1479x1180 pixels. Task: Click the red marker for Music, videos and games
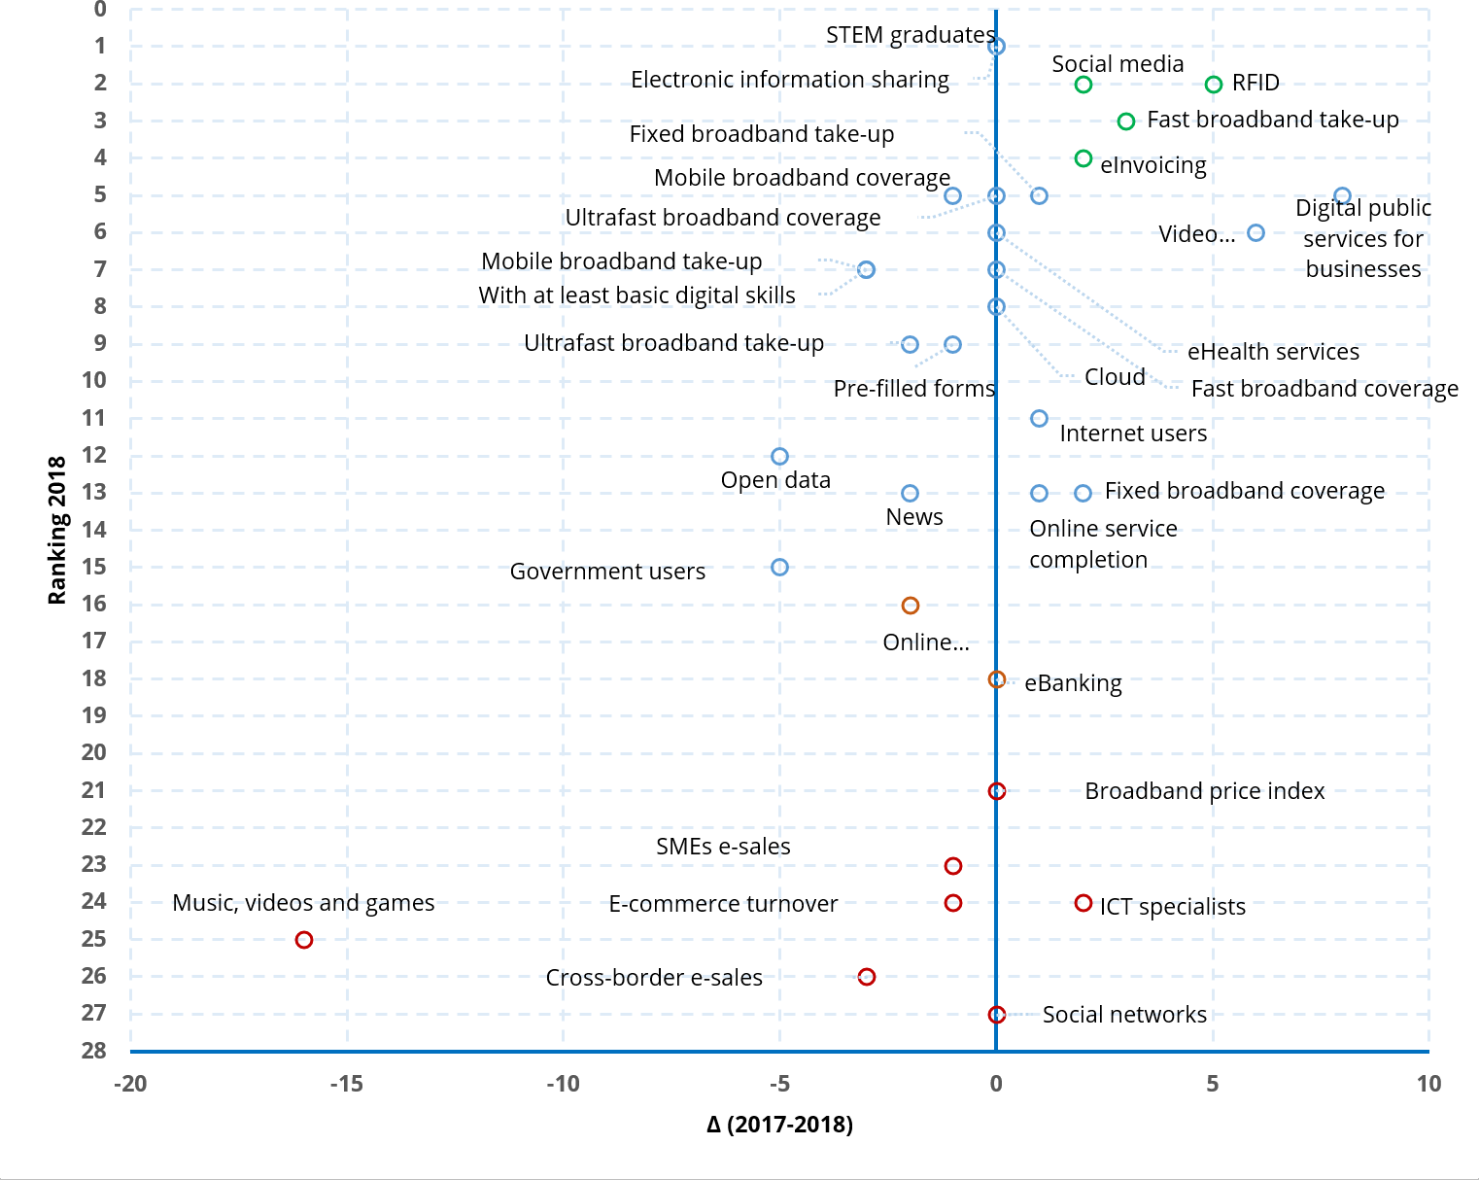[x=304, y=940]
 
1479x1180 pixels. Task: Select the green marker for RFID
[x=1213, y=85]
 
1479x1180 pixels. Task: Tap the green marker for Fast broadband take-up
[x=1126, y=121]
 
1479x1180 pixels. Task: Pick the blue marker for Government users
[x=779, y=568]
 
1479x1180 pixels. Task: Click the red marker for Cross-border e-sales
[x=867, y=977]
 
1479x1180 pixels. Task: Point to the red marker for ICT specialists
[x=1083, y=903]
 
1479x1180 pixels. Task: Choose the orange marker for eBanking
[x=996, y=679]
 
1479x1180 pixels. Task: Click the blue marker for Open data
[x=779, y=456]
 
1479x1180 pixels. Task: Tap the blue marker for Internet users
[x=1039, y=418]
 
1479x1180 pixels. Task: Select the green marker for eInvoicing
[x=1083, y=158]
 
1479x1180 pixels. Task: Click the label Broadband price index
[x=1204, y=791]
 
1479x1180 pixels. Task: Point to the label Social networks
[x=1124, y=1015]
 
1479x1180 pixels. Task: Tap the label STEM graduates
[x=910, y=35]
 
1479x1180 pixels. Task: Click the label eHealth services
[x=1273, y=352]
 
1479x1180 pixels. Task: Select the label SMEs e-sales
[x=723, y=847]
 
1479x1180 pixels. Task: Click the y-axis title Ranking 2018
[x=57, y=531]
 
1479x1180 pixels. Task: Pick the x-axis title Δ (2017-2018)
[x=779, y=1125]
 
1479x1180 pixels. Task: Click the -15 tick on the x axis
[x=346, y=1084]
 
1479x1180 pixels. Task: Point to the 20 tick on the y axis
[x=94, y=752]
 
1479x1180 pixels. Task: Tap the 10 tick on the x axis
[x=1427, y=1084]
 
